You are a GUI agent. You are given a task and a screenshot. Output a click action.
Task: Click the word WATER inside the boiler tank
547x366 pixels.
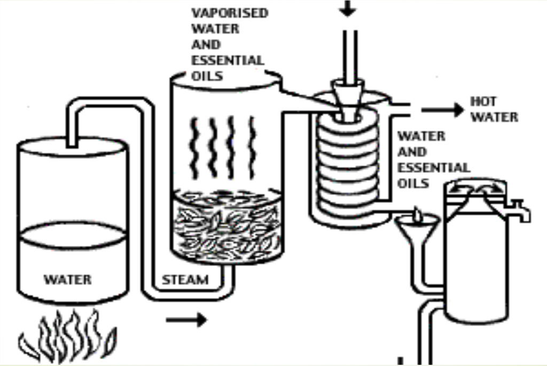click(67, 279)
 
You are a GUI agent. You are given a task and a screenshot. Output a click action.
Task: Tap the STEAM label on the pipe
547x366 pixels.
click(185, 280)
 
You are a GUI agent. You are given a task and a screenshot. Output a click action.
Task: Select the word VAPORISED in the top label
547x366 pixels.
click(230, 13)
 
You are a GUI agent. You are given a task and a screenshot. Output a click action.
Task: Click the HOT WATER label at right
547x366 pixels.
click(494, 109)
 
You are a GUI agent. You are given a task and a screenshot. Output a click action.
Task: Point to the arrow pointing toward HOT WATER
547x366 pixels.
click(443, 110)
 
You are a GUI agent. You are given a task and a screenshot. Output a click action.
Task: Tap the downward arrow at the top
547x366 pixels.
click(348, 9)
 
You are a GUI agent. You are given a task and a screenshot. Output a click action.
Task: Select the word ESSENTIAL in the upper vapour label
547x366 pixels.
click(228, 60)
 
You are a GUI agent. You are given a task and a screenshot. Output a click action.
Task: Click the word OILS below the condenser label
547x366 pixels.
click(413, 183)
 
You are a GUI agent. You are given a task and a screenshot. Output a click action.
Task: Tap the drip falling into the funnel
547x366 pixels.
click(417, 214)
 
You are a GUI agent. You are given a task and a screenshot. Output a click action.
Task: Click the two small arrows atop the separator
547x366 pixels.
click(475, 188)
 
